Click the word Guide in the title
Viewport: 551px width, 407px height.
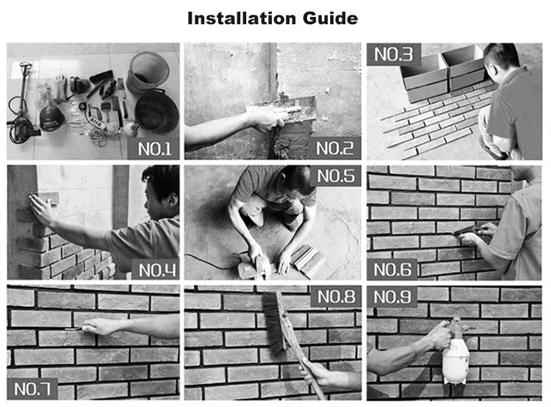tap(331, 18)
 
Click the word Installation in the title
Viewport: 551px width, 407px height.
tap(242, 18)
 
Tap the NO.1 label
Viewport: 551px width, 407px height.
tap(154, 149)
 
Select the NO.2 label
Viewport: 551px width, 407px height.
tap(334, 148)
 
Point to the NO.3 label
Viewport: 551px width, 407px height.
tap(394, 54)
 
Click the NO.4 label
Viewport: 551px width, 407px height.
tap(156, 270)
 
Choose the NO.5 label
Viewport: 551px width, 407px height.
tap(336, 176)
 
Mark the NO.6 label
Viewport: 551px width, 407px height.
tap(392, 270)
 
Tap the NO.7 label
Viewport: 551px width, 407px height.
tap(32, 389)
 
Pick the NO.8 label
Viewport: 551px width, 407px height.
tap(336, 296)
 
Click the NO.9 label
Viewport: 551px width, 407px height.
tap(392, 297)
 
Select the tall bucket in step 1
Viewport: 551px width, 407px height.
tap(148, 72)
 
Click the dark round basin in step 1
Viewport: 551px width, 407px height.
tap(156, 112)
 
